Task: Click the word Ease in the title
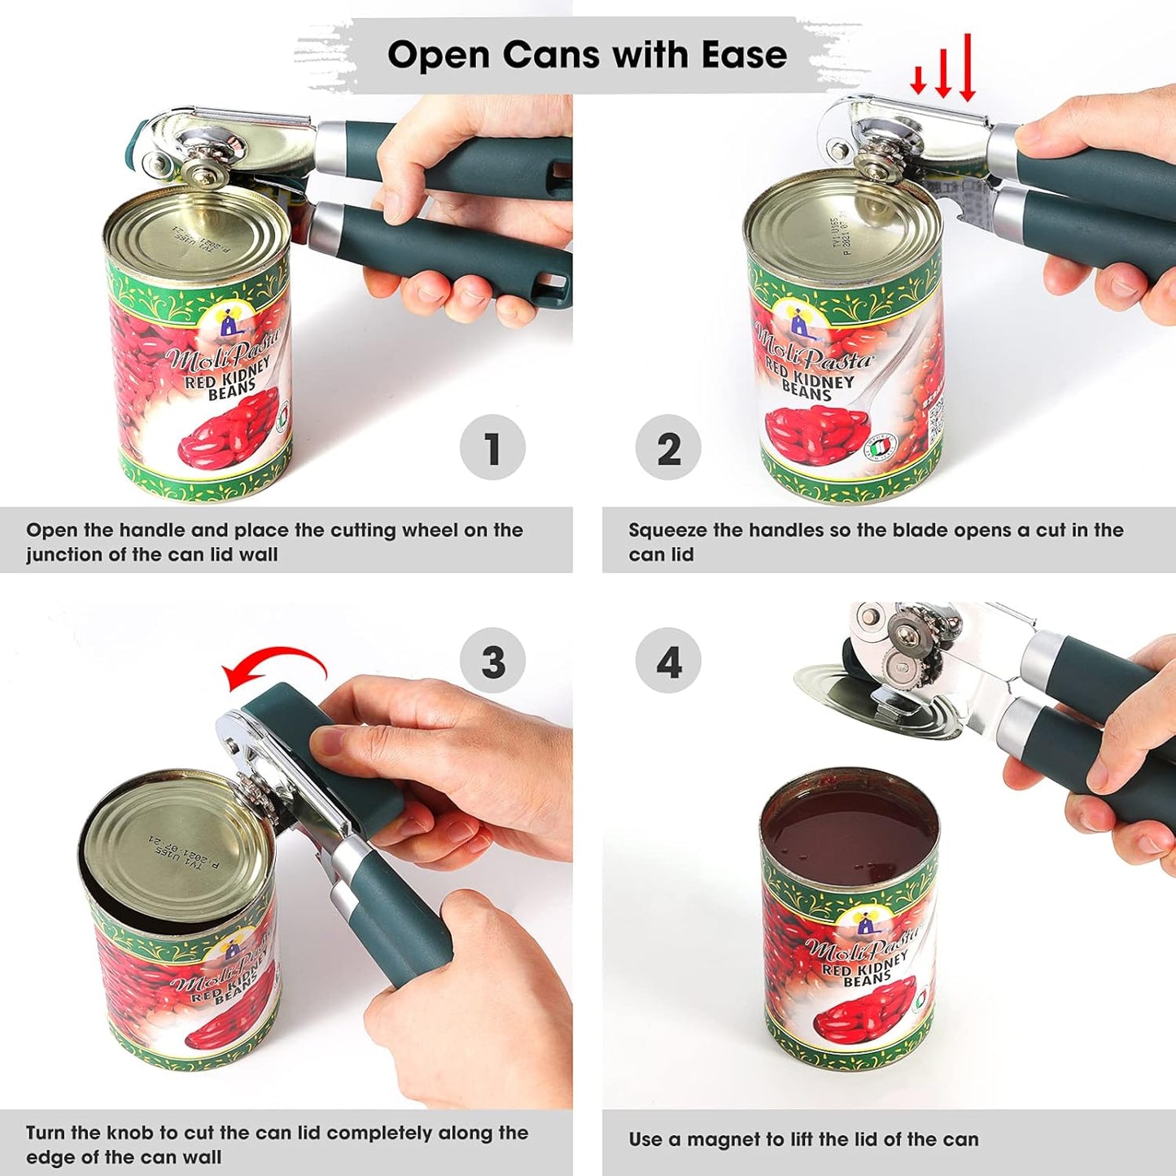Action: click(745, 55)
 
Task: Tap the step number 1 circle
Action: click(492, 448)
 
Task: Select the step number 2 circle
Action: click(668, 448)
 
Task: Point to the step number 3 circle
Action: click(492, 662)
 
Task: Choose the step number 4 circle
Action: click(668, 662)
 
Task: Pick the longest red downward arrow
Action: click(967, 68)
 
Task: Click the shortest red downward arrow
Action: click(918, 80)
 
